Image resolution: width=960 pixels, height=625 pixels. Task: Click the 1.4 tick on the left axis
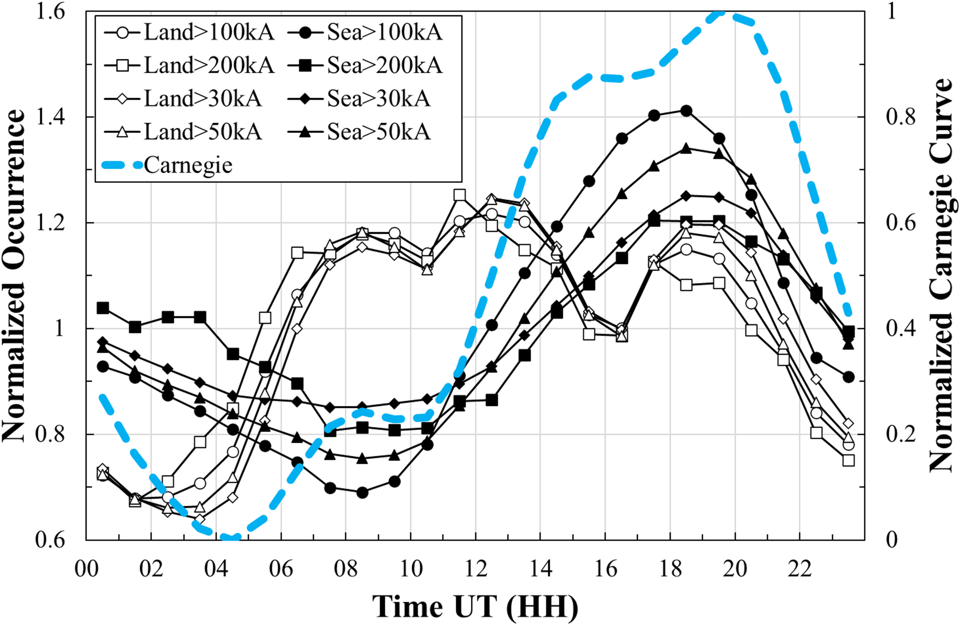(x=50, y=117)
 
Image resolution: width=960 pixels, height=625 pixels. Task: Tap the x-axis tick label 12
(x=476, y=569)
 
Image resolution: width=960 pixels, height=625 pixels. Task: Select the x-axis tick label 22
(x=800, y=569)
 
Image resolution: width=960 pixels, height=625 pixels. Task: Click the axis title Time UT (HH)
(x=475, y=606)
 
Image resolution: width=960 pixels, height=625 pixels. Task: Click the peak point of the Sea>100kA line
(x=686, y=111)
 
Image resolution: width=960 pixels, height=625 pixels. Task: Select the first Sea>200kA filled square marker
(x=103, y=308)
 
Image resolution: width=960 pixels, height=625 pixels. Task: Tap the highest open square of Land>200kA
(x=459, y=195)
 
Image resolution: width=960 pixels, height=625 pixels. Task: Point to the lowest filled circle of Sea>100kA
(x=362, y=492)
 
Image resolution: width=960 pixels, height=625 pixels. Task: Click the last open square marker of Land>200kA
(x=849, y=461)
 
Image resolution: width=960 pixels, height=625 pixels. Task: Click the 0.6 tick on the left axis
(x=50, y=540)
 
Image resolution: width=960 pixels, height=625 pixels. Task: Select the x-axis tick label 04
(x=216, y=569)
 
